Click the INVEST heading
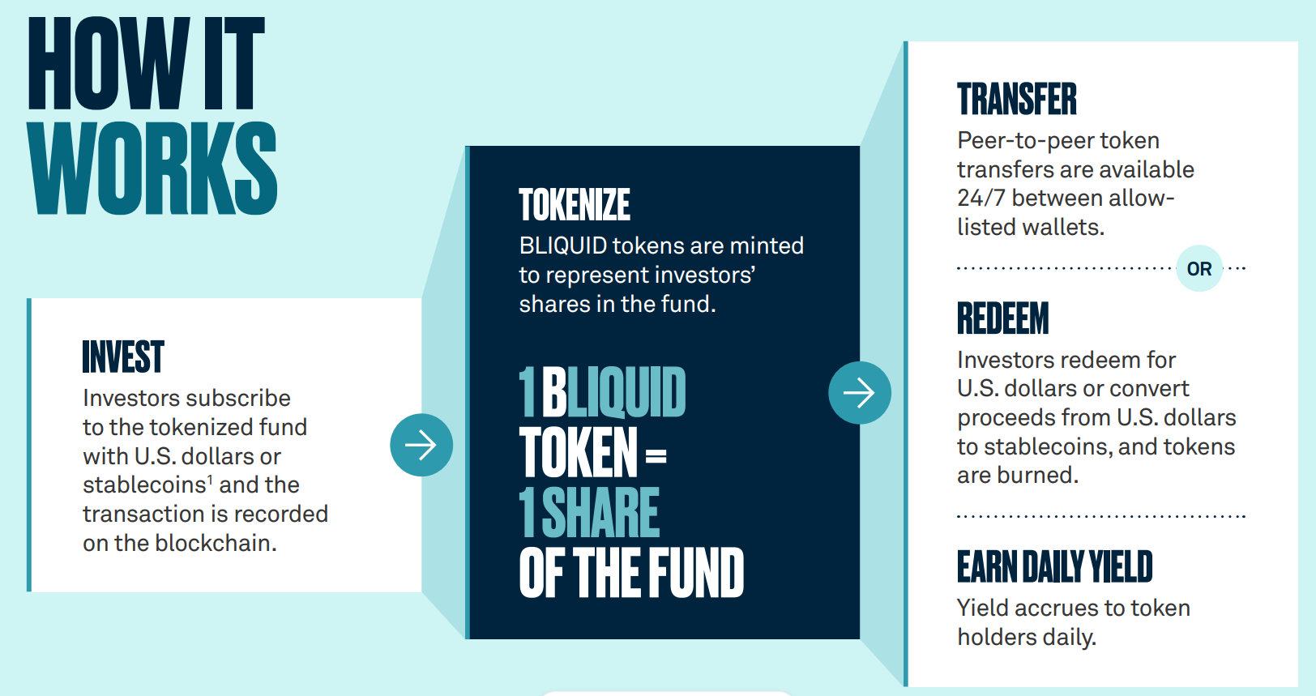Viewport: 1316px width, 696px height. pyautogui.click(x=123, y=357)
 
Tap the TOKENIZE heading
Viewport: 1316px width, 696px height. pyautogui.click(x=575, y=204)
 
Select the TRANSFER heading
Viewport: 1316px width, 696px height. pyautogui.click(x=1017, y=99)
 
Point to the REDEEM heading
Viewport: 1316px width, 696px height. pyautogui.click(x=1003, y=318)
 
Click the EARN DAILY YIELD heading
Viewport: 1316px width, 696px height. pyautogui.click(x=1055, y=566)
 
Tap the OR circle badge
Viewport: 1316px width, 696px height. pyautogui.click(x=1199, y=268)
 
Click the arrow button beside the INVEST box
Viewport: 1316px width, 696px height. pyautogui.click(x=421, y=445)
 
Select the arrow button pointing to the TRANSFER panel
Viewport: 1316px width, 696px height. pyautogui.click(x=860, y=392)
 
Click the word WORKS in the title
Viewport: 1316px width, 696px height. pyautogui.click(x=152, y=168)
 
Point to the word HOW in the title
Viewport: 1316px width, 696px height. pyautogui.click(x=109, y=63)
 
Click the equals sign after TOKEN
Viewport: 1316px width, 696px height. pyautogui.click(x=656, y=455)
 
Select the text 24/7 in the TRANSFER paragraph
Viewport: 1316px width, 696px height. pyautogui.click(x=981, y=199)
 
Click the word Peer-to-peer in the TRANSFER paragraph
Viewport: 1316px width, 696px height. pyautogui.click(x=1025, y=141)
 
